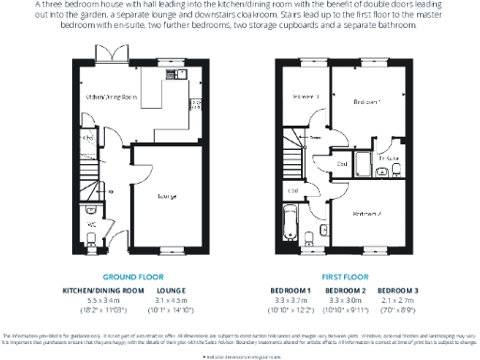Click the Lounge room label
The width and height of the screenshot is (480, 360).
[x=169, y=196]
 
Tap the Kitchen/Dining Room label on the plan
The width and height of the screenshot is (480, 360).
[x=112, y=97]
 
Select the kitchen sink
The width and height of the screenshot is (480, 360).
[x=173, y=73]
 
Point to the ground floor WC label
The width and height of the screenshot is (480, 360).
[x=91, y=225]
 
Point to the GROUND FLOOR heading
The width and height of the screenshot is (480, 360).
[x=132, y=277]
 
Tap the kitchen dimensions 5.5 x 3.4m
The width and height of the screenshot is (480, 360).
[x=102, y=300]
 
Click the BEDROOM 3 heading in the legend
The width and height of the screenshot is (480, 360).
[x=397, y=291]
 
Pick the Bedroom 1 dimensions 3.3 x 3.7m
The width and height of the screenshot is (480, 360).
[x=291, y=300]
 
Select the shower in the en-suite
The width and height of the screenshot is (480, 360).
[x=361, y=164]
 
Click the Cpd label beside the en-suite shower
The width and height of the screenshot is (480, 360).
[x=341, y=162]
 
